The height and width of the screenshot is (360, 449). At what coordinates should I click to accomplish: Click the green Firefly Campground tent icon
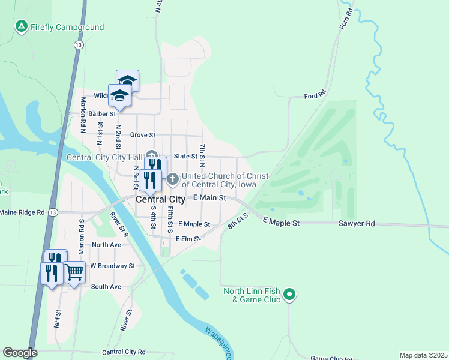pos(22,27)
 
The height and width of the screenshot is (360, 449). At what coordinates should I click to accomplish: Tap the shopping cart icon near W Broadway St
pos(74,272)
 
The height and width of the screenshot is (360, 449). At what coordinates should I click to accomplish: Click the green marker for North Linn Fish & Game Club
pos(289,294)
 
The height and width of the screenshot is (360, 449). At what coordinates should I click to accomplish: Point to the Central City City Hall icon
pos(151,157)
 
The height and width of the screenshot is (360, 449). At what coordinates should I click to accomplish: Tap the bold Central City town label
pos(160,199)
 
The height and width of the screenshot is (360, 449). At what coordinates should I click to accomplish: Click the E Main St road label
pos(209,197)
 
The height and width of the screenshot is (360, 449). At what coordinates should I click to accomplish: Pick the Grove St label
pos(143,135)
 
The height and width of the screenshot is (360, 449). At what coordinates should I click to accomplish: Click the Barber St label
pos(102,113)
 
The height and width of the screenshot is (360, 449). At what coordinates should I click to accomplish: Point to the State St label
pos(185,156)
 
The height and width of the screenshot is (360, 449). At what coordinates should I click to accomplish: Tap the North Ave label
pos(106,245)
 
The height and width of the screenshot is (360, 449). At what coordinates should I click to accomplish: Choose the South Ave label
pos(106,287)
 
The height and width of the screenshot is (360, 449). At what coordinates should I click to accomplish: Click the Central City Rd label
pos(124,352)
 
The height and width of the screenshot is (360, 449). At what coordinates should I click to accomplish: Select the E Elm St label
pos(187,239)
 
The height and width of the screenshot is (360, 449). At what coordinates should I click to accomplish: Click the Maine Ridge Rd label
pos(22,212)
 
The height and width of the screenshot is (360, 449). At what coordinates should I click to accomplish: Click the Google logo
pos(20,353)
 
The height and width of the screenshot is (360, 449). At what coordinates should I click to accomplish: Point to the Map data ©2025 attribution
pos(423,355)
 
